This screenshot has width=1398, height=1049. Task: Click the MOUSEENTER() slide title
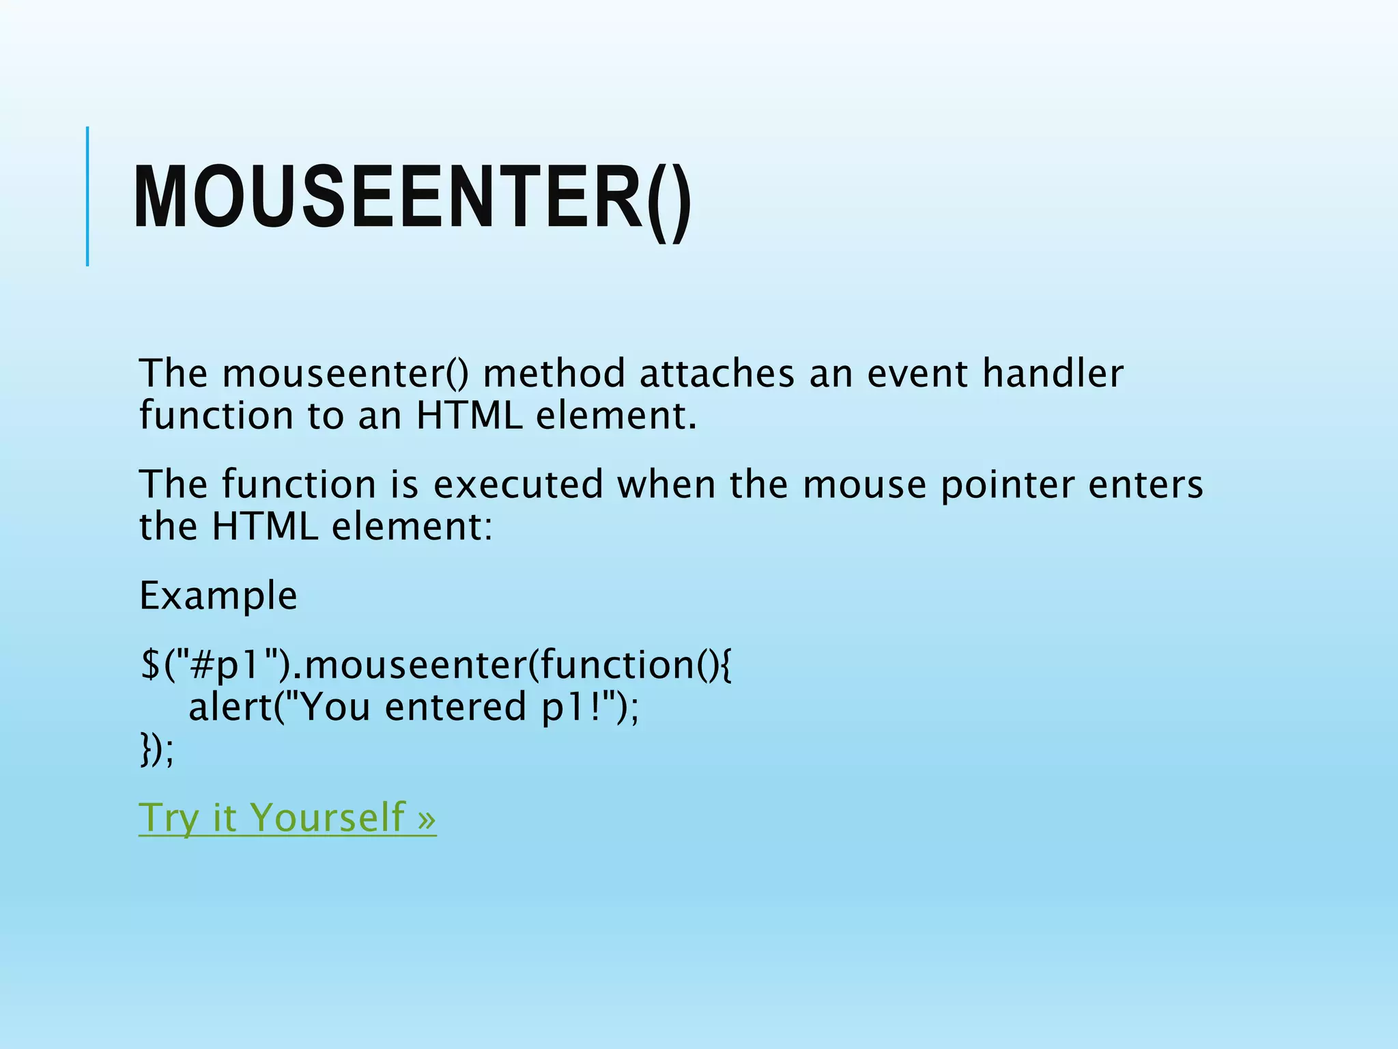click(412, 198)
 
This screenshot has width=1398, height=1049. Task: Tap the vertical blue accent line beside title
click(87, 196)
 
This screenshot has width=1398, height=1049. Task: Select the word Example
click(218, 596)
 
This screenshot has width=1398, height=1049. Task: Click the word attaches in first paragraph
click(717, 374)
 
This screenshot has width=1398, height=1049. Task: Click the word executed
click(519, 484)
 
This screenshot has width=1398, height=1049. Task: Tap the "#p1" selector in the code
click(223, 665)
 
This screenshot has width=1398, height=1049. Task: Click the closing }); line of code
click(156, 750)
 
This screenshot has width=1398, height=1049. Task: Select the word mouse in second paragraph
click(864, 484)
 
